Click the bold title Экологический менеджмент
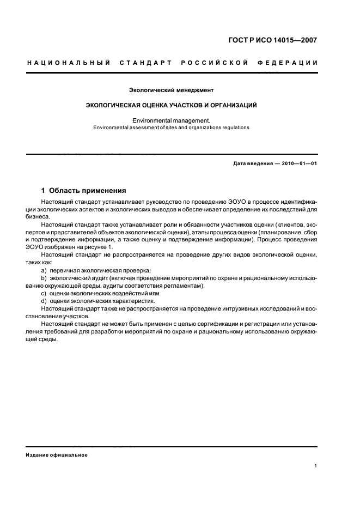(172, 89)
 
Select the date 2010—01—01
(299, 164)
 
